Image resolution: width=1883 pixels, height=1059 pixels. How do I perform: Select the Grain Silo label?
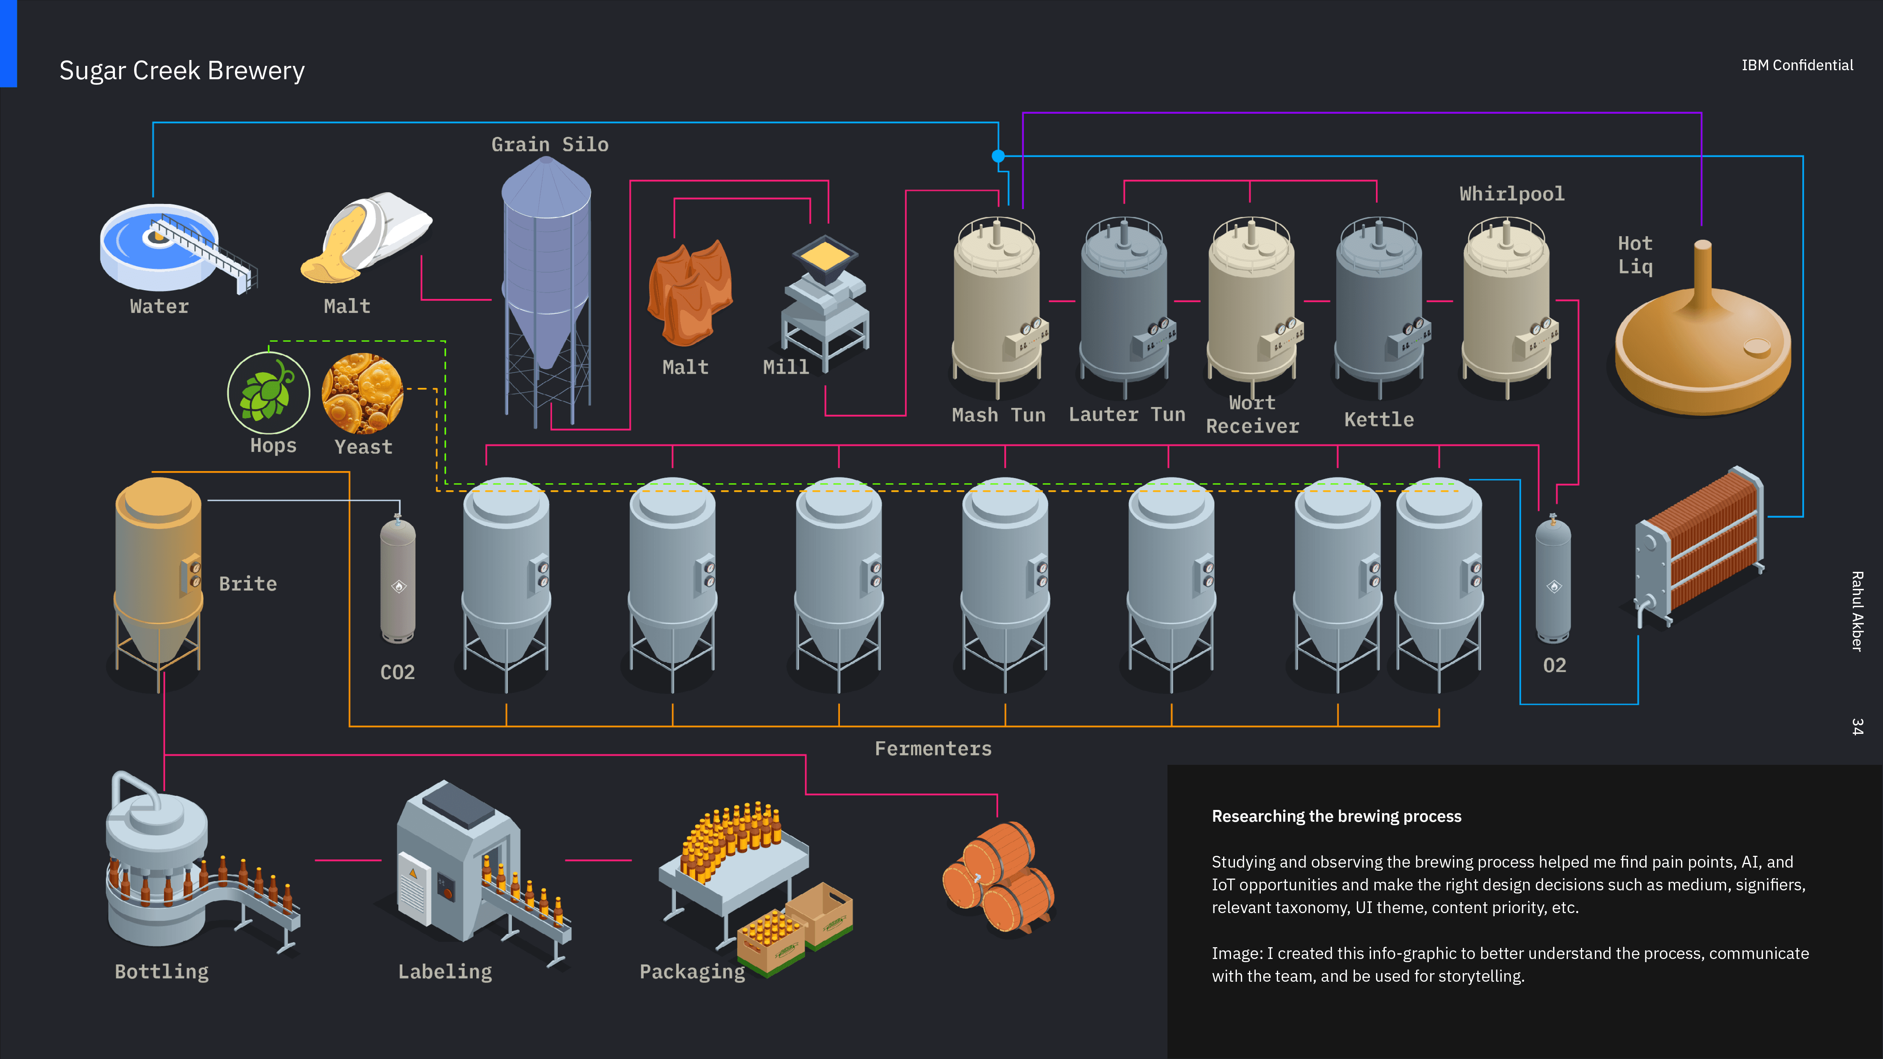(x=550, y=145)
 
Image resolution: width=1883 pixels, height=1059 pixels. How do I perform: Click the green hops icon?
(x=268, y=393)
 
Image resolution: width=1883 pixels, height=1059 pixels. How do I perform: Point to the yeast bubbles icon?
(x=362, y=393)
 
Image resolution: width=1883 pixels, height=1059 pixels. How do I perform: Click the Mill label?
(x=786, y=367)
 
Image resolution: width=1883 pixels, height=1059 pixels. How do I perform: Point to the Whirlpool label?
(x=1511, y=194)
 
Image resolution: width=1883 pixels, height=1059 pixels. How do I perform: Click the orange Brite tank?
(x=158, y=577)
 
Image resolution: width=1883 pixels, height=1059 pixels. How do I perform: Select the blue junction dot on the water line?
(x=998, y=156)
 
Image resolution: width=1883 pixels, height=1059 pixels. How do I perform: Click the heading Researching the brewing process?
(x=1336, y=816)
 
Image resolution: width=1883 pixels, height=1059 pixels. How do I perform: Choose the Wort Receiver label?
(x=1252, y=415)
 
